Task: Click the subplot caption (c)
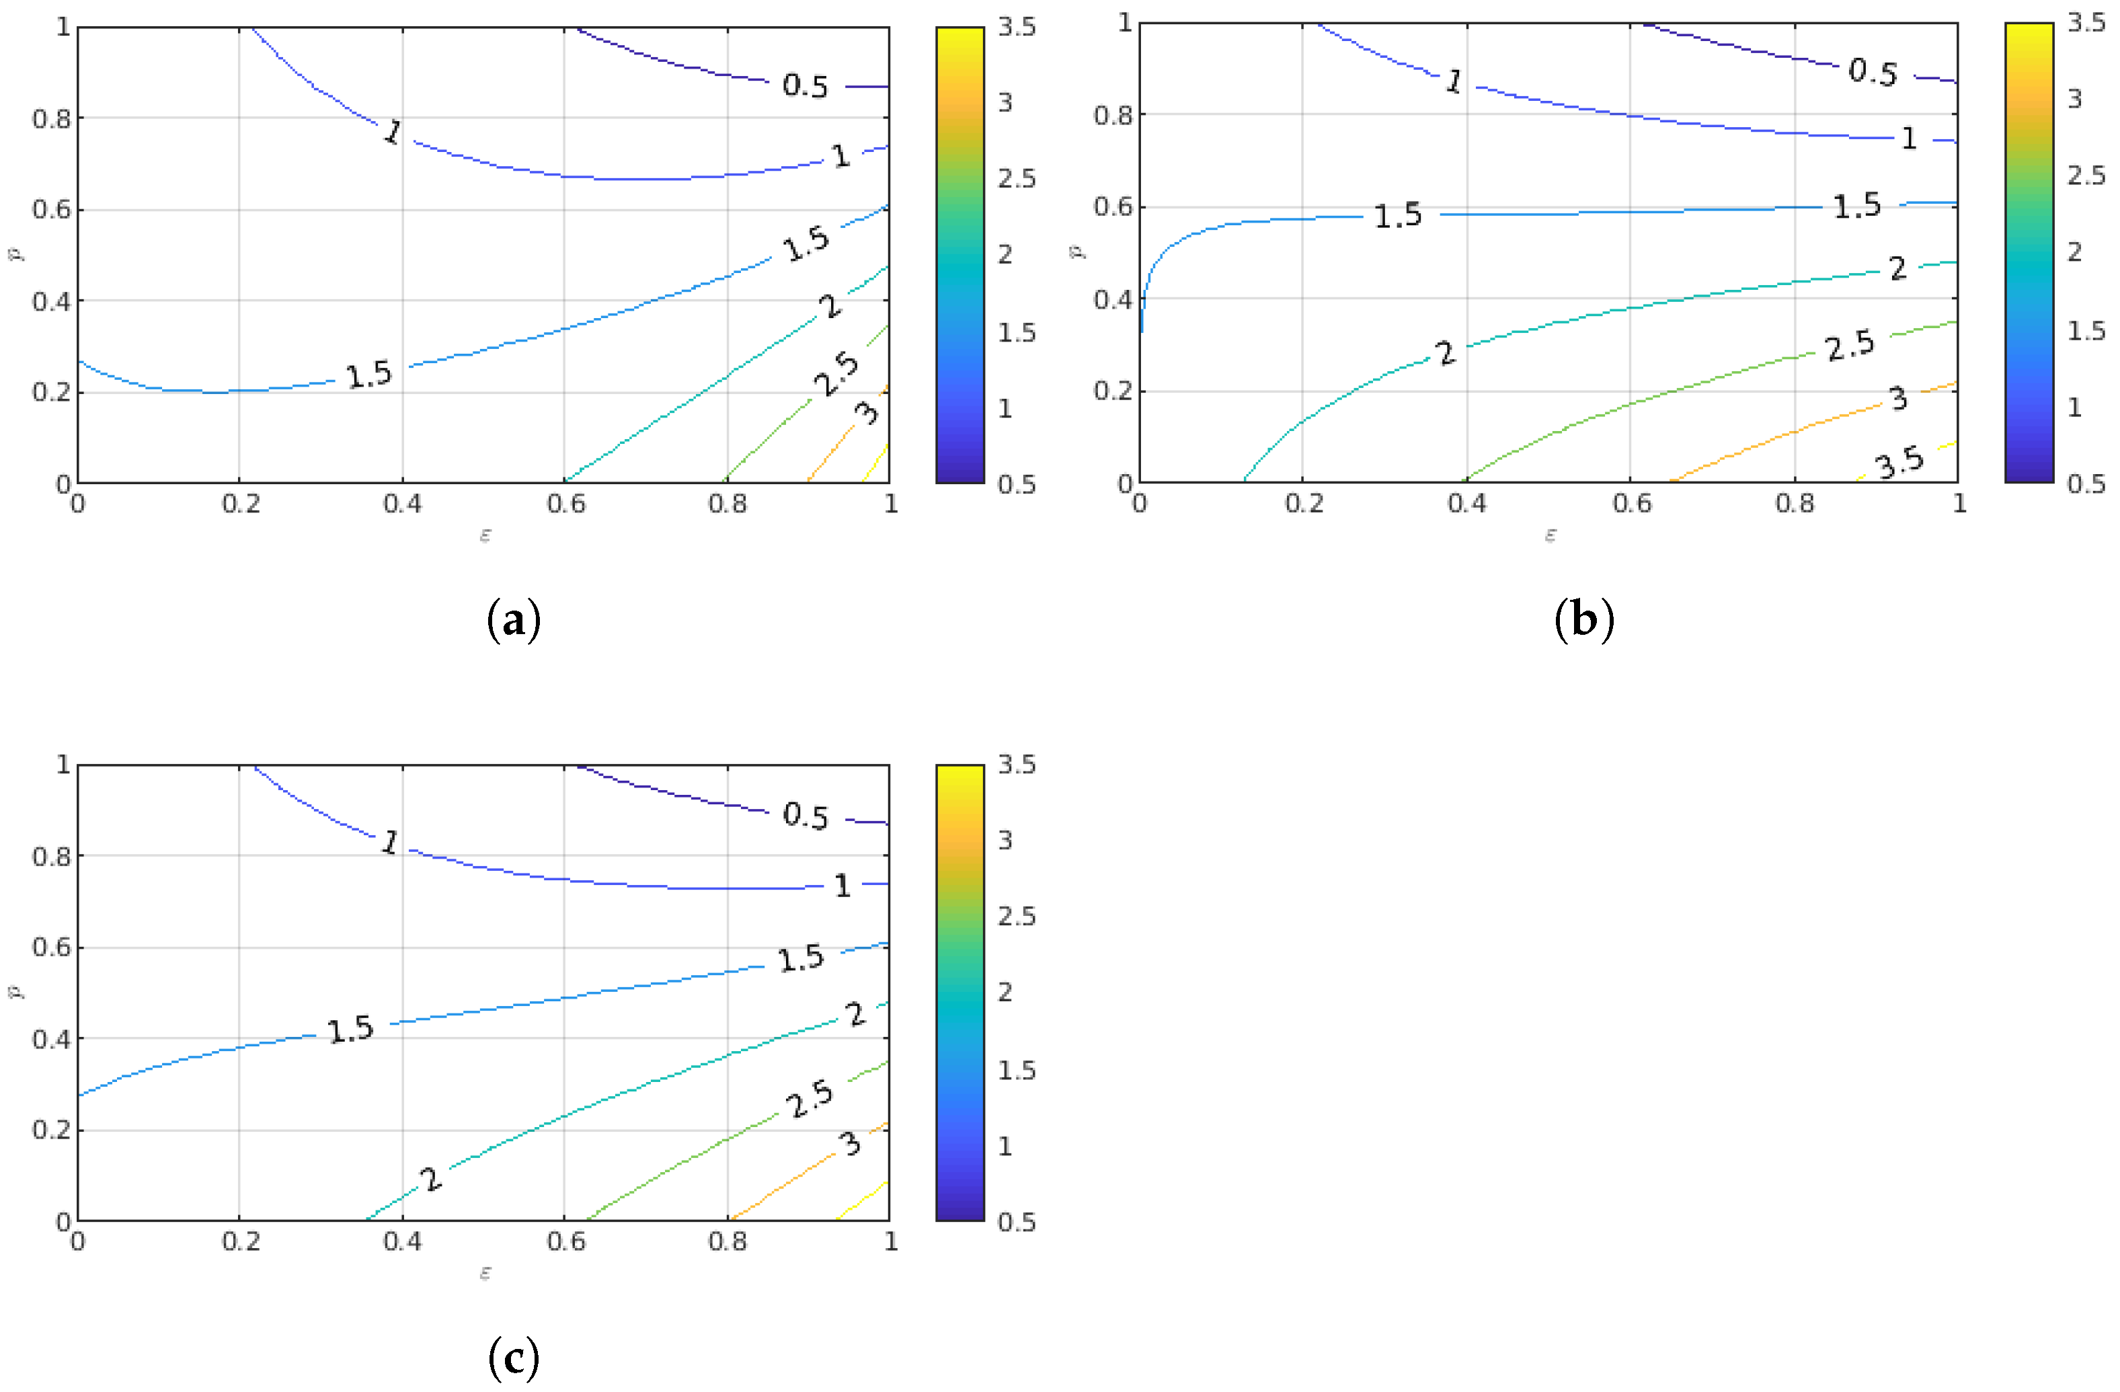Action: pos(514,1357)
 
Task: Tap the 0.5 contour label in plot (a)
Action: pos(806,85)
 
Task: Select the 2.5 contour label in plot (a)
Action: pos(836,374)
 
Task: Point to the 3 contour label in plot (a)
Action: pos(866,412)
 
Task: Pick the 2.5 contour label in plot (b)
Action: pos(1850,346)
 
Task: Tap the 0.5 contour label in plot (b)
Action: pos(1873,72)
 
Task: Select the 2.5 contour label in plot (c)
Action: pos(809,1099)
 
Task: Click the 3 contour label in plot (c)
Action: pos(851,1143)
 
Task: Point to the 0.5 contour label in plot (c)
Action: pos(806,816)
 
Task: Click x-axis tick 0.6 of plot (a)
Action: pos(565,504)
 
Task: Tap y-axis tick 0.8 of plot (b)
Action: pos(1113,116)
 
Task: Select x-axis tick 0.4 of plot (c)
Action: pos(403,1241)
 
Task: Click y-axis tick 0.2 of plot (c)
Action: pos(51,1130)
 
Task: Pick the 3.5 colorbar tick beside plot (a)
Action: pos(1017,27)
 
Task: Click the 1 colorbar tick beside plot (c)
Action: pos(1005,1146)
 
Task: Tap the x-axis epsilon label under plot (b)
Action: pos(1550,535)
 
